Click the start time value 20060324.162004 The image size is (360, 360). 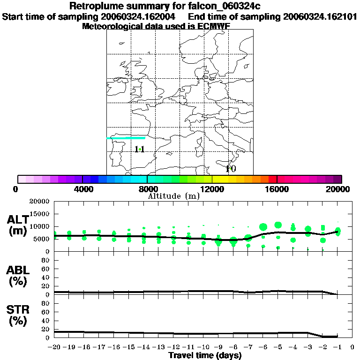[x=141, y=17]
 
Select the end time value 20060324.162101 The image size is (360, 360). [x=319, y=17]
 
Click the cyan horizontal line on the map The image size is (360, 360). [x=126, y=138]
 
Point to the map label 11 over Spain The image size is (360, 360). [x=139, y=150]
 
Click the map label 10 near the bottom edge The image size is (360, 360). [x=231, y=169]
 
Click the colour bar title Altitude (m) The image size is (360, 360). [x=173, y=196]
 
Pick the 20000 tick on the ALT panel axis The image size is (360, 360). [x=39, y=202]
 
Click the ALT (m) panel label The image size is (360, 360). [x=17, y=225]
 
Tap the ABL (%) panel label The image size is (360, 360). [x=17, y=276]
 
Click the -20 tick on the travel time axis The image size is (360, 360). [x=55, y=348]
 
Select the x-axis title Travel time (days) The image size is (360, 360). [x=205, y=355]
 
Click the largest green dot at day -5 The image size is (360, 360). [x=278, y=225]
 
